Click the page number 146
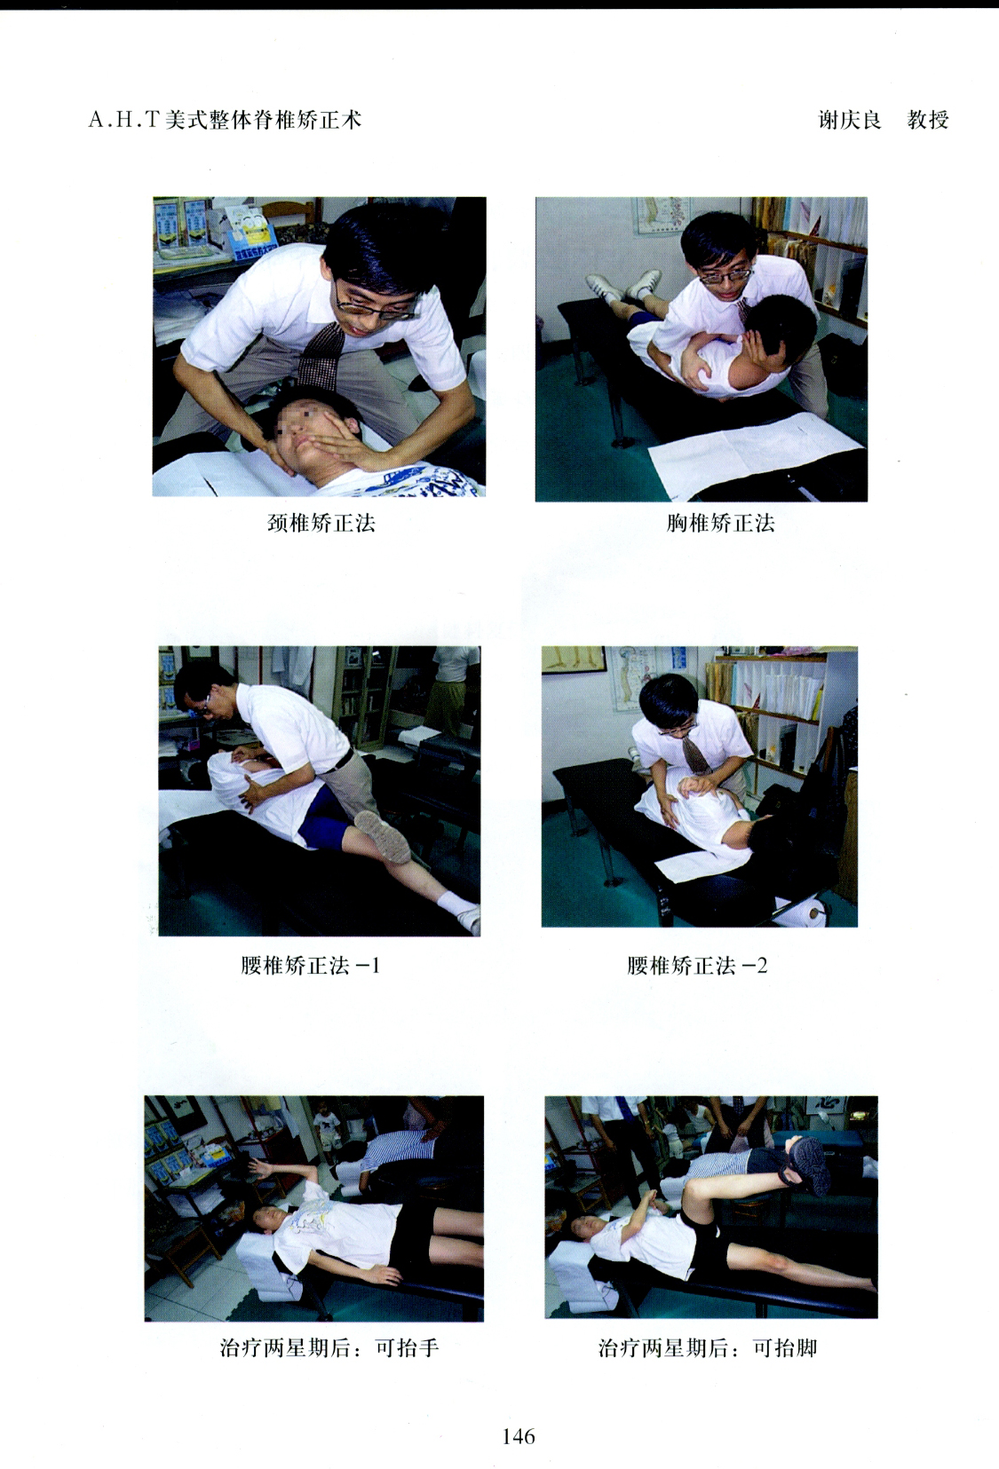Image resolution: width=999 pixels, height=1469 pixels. click(x=519, y=1437)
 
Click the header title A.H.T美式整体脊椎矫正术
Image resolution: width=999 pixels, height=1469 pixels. click(x=225, y=120)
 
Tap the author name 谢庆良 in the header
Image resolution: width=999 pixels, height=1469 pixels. click(x=850, y=120)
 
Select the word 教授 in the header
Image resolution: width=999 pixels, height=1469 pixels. click(x=927, y=120)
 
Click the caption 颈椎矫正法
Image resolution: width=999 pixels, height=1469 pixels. click(x=321, y=523)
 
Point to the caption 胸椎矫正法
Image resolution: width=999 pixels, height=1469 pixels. click(x=720, y=523)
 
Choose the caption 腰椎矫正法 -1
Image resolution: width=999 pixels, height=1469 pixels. click(x=310, y=966)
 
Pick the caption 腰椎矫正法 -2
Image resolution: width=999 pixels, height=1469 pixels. click(x=696, y=966)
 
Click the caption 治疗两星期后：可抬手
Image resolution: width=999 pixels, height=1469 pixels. click(x=329, y=1348)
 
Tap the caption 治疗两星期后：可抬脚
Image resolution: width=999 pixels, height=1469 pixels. click(x=707, y=1348)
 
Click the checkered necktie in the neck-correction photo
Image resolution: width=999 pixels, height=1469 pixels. click(x=321, y=354)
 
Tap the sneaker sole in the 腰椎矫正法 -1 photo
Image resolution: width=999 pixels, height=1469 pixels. click(x=383, y=835)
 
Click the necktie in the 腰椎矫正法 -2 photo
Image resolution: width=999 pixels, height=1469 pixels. click(x=695, y=754)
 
